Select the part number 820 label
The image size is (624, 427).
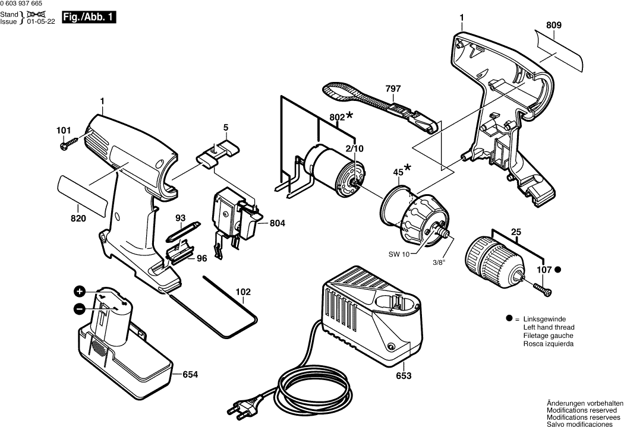[78, 219]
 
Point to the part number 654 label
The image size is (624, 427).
[190, 375]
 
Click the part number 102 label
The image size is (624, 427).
[243, 292]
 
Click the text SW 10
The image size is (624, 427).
[399, 255]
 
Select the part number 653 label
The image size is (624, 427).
[403, 376]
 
